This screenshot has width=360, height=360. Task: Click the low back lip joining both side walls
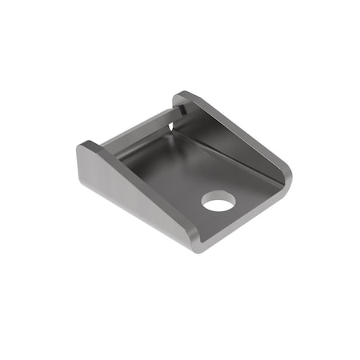point(136,136)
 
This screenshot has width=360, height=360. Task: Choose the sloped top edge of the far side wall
point(236,128)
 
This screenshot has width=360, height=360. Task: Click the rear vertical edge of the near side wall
point(80,164)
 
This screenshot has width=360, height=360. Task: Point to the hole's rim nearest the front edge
point(220,210)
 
